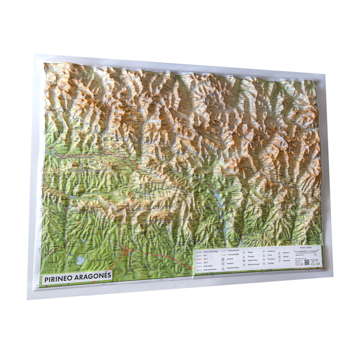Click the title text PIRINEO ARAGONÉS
[78, 278]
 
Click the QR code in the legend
[306, 262]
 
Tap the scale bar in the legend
[306, 250]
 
